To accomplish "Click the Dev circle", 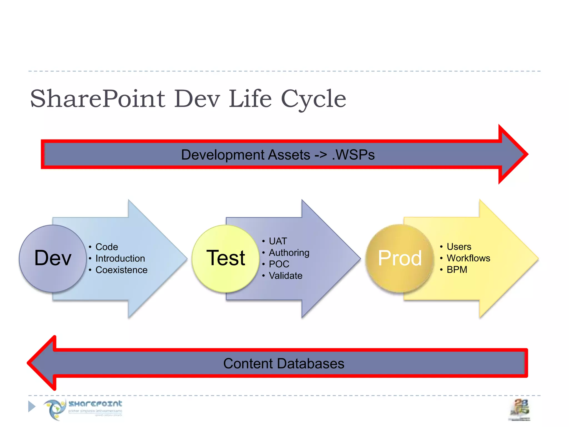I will (53, 258).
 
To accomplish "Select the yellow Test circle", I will (226, 258).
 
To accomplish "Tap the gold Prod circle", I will (400, 258).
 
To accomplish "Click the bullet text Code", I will (107, 247).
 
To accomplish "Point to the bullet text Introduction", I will (120, 259).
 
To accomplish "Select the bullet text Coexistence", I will (121, 270).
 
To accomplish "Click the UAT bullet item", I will (278, 241).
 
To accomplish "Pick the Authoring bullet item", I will (289, 253).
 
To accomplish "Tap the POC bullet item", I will (279, 264).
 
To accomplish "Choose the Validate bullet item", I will (286, 276).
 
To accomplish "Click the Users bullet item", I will (459, 247).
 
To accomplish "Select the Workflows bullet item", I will (468, 258).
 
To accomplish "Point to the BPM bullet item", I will (457, 270).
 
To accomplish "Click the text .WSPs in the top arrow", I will (353, 155).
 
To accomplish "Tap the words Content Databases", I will (284, 364).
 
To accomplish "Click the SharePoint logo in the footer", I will (83, 409).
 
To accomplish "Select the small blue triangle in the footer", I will (32, 406).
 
